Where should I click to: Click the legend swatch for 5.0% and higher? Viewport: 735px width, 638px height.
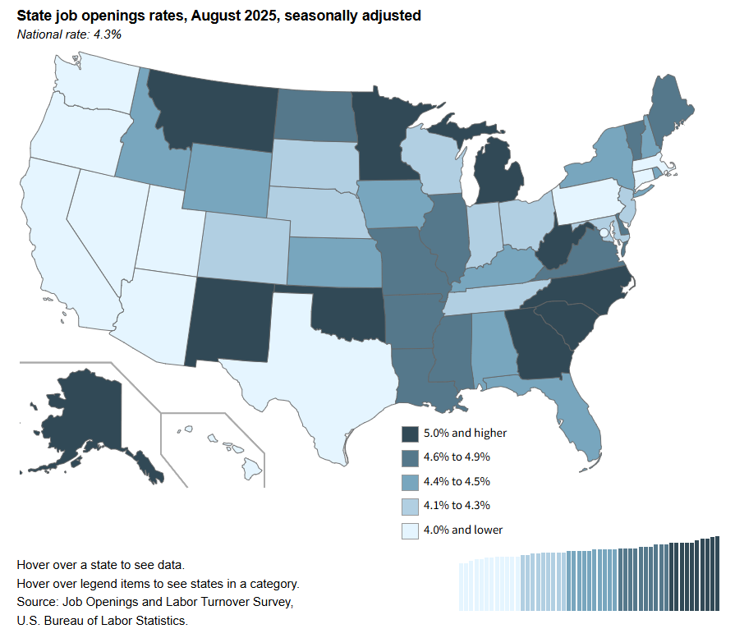point(410,434)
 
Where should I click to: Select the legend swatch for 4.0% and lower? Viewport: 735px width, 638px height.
point(410,530)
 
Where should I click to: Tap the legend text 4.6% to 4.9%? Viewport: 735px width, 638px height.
point(457,457)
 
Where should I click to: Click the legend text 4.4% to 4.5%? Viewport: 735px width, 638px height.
point(457,481)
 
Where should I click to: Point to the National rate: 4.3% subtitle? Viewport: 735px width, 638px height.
point(69,34)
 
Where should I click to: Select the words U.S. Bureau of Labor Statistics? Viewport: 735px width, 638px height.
point(102,621)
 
